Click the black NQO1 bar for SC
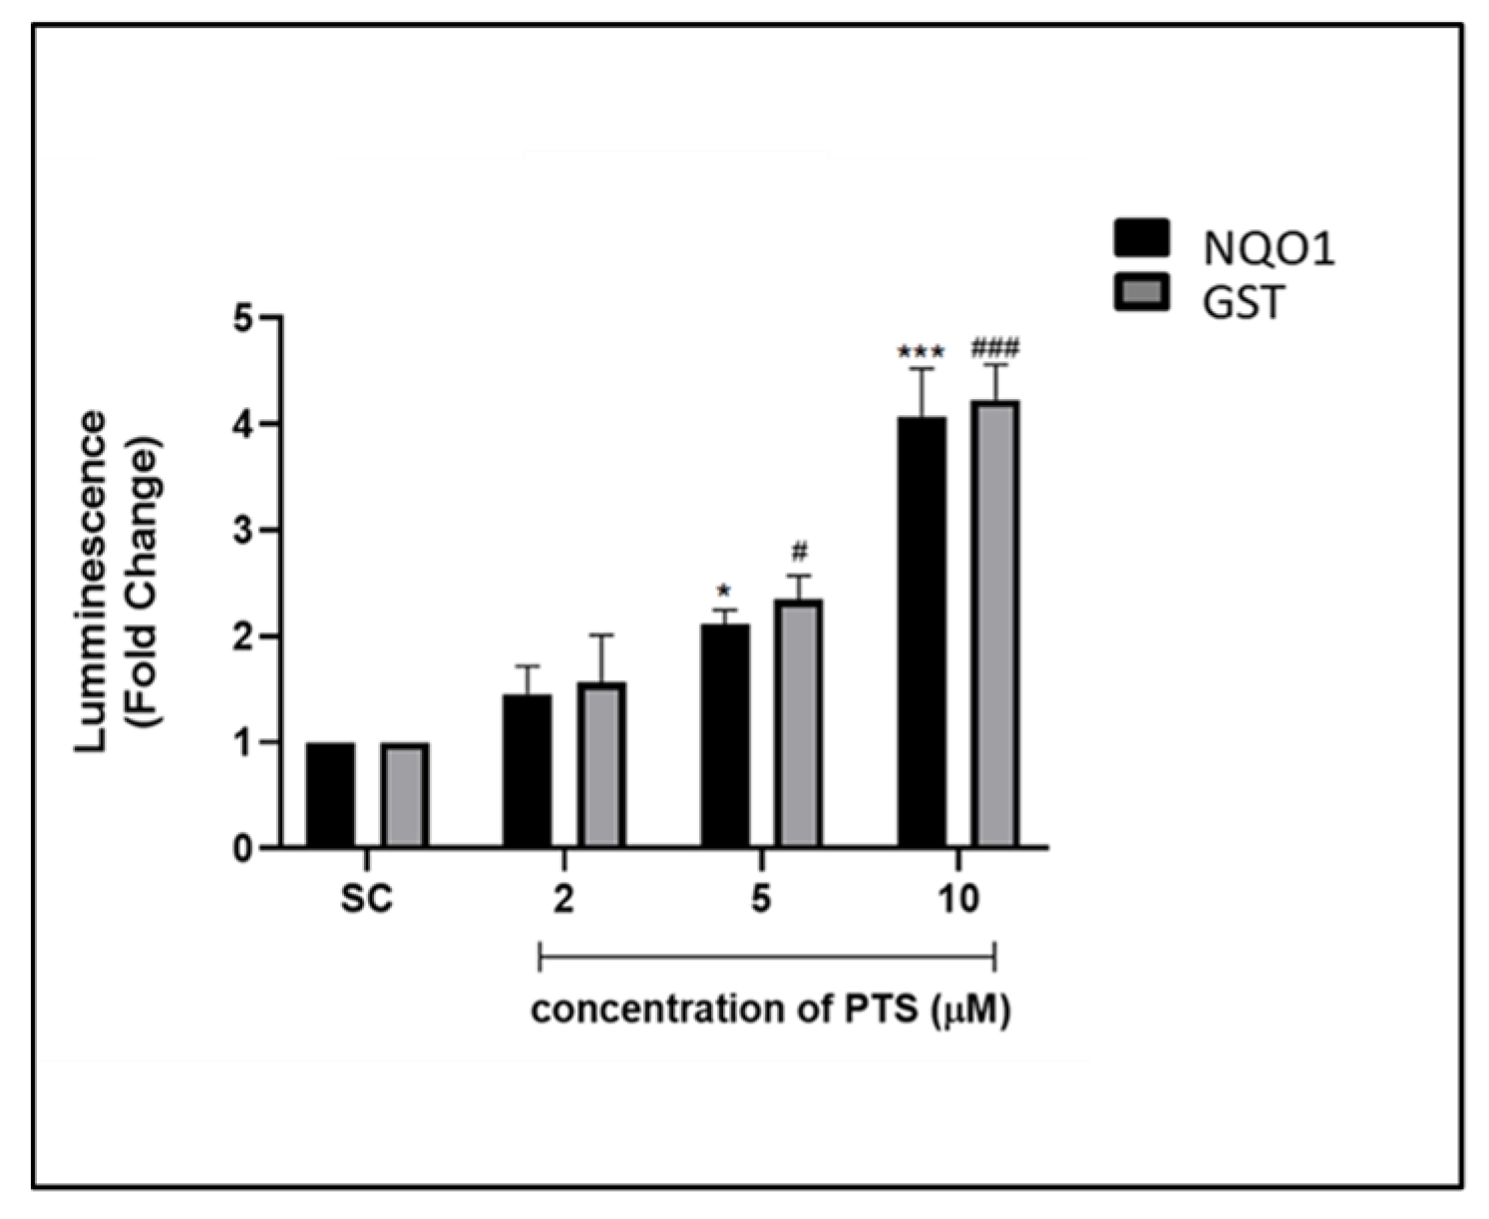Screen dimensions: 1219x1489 pos(330,795)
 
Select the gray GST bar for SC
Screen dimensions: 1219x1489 pos(404,795)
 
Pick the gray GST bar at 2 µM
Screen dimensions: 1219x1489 pos(601,765)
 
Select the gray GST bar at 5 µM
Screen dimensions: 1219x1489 pos(799,724)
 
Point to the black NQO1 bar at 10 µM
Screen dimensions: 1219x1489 pos(922,632)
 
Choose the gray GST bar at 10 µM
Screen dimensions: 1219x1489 pos(996,624)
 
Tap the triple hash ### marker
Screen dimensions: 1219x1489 pos(994,349)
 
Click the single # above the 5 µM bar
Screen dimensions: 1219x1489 pos(799,552)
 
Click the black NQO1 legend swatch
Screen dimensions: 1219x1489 pos(1141,239)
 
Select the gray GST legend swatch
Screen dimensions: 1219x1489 pos(1141,294)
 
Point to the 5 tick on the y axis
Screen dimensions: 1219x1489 pos(240,318)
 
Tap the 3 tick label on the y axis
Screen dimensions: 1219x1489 pos(240,531)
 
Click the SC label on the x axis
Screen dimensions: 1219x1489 pos(367,900)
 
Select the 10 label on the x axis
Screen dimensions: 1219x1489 pos(958,900)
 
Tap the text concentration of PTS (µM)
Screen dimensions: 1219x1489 pos(770,1011)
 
